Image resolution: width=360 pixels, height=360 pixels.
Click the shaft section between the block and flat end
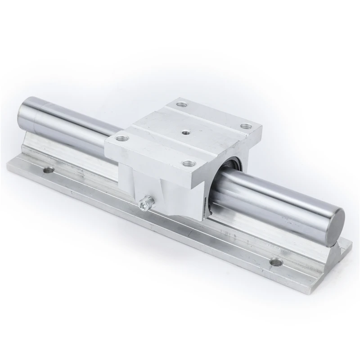[279, 202]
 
